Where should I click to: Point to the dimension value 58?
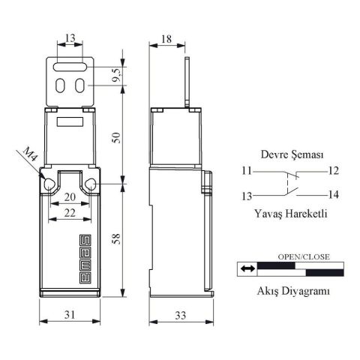[115, 238]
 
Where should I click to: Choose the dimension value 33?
[180, 316]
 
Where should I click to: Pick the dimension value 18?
[166, 37]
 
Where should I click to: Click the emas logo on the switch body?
[77, 257]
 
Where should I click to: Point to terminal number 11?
[247, 170]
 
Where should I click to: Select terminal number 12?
[334, 170]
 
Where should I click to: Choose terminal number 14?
[334, 195]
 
